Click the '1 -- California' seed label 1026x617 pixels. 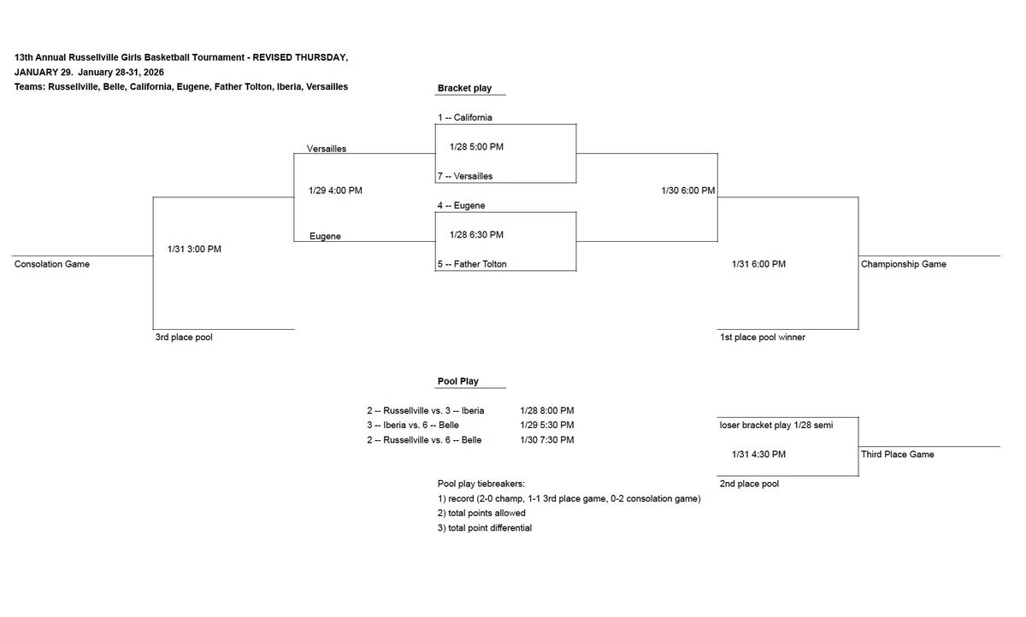[465, 118]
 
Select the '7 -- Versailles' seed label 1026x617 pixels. [465, 177]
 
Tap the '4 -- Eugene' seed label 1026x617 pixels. [462, 206]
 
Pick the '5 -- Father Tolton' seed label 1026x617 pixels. [472, 265]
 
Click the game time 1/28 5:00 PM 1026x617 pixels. [476, 147]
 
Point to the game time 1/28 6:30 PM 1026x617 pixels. [476, 235]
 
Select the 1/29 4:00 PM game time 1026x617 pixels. [335, 191]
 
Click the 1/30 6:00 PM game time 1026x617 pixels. [688, 191]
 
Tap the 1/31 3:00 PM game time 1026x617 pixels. [194, 250]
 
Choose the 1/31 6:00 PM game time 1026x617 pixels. [758, 265]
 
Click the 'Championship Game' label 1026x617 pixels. [904, 265]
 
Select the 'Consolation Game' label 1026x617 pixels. [52, 265]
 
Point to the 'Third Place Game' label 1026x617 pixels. [898, 455]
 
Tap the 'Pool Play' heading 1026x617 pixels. [458, 381]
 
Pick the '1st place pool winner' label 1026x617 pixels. [763, 338]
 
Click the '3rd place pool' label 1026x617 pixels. [184, 338]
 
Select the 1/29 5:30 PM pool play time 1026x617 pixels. [547, 426]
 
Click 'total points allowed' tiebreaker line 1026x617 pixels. [481, 514]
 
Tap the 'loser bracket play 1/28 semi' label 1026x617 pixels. [776, 426]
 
